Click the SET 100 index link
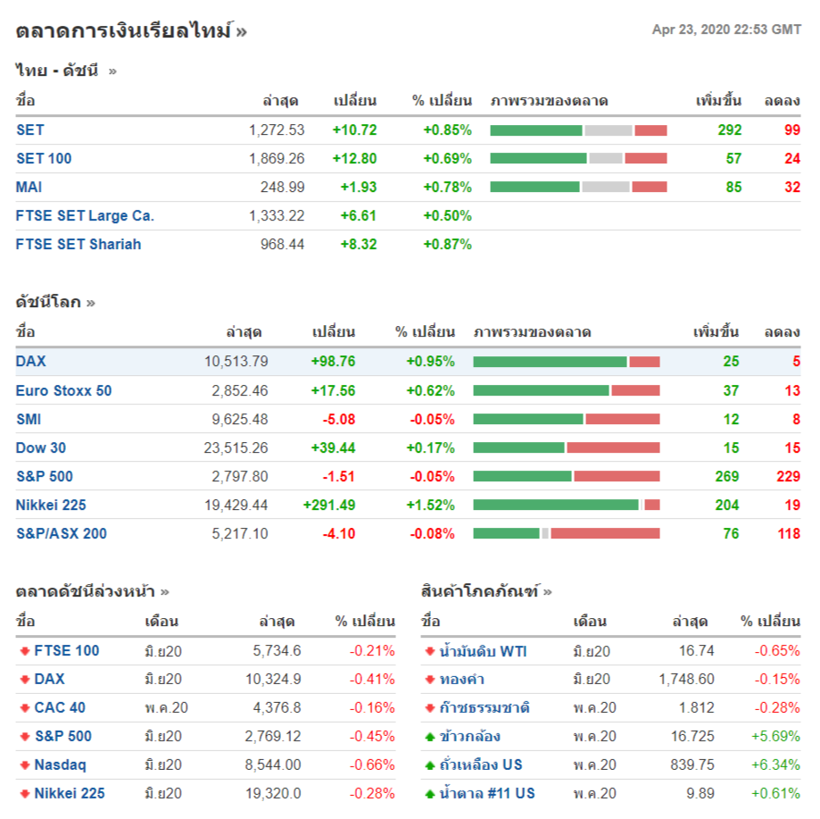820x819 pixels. [44, 159]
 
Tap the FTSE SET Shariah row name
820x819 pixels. [79, 245]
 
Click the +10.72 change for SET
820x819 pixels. [354, 130]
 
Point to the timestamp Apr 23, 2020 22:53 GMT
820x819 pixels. [726, 29]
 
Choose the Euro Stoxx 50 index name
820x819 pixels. [63, 391]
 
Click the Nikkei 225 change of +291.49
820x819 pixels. [329, 506]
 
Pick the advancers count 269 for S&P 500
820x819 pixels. [727, 477]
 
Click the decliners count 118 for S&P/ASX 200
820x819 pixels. [788, 534]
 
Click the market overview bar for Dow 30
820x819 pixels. [567, 448]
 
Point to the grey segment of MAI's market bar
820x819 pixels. [606, 188]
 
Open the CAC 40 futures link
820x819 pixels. [60, 708]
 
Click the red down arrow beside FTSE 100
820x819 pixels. [24, 651]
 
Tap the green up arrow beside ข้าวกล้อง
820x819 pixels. [430, 737]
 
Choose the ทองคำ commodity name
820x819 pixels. [462, 680]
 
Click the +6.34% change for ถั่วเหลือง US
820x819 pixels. [775, 765]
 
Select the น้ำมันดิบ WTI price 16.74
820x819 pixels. [696, 651]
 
